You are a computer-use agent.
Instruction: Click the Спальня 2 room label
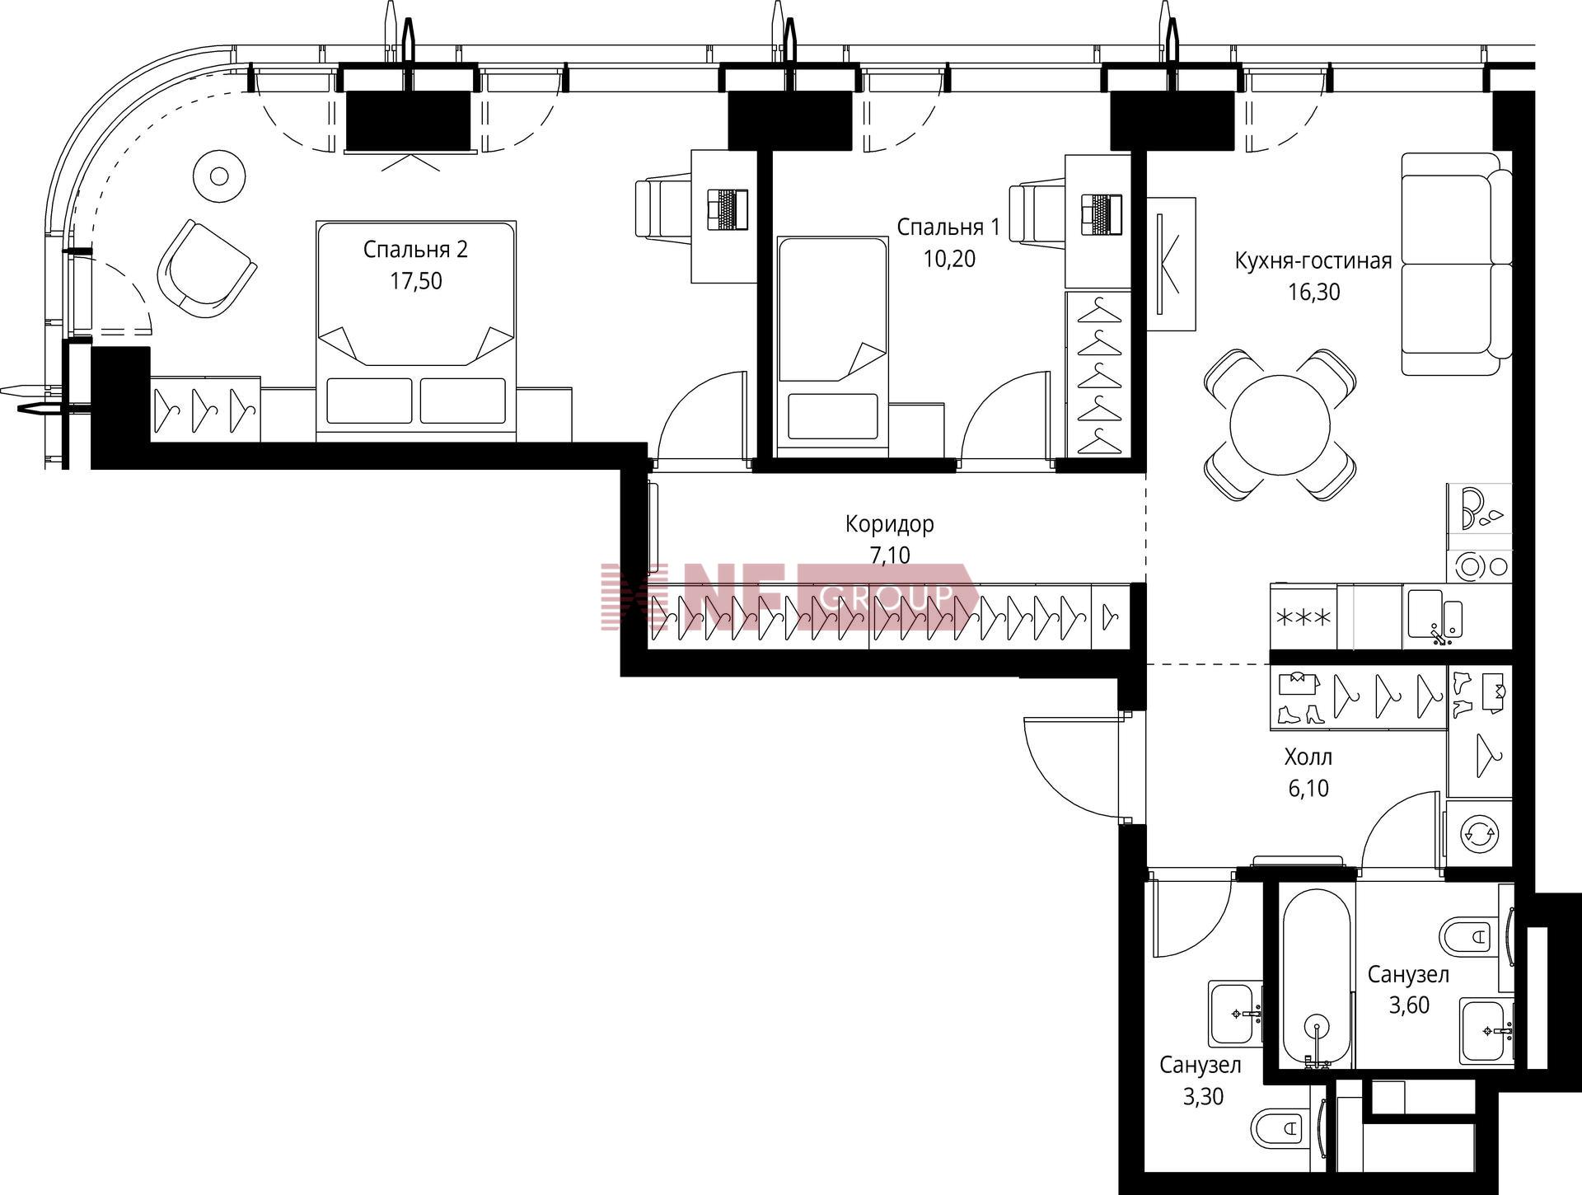(415, 249)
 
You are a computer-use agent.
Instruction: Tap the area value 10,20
(949, 259)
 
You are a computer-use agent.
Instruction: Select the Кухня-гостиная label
(1313, 261)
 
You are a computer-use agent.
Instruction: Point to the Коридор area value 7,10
(890, 555)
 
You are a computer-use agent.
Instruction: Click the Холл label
(1308, 757)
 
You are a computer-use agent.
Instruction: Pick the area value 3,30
(1203, 1096)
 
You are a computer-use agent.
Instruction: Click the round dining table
(1280, 425)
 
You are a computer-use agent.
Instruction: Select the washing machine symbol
(1480, 832)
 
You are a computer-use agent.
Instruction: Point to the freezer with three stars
(1304, 617)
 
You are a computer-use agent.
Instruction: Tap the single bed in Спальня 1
(833, 346)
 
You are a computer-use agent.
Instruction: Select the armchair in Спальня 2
(207, 269)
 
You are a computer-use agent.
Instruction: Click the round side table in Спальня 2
(219, 176)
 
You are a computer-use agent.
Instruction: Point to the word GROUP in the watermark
(887, 593)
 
